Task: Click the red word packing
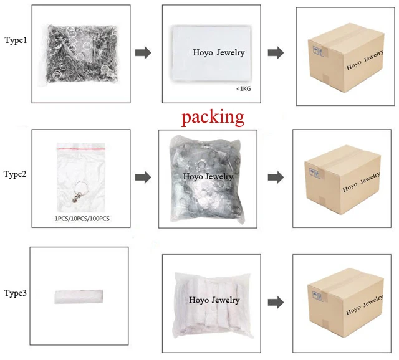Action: point(213,116)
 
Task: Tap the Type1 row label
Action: point(17,40)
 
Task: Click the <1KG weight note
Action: point(243,89)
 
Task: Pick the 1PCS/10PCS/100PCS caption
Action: point(82,219)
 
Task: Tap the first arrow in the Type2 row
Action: point(143,178)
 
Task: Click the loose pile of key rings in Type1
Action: point(82,54)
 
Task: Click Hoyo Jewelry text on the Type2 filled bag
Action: point(208,176)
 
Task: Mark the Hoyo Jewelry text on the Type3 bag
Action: point(214,300)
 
